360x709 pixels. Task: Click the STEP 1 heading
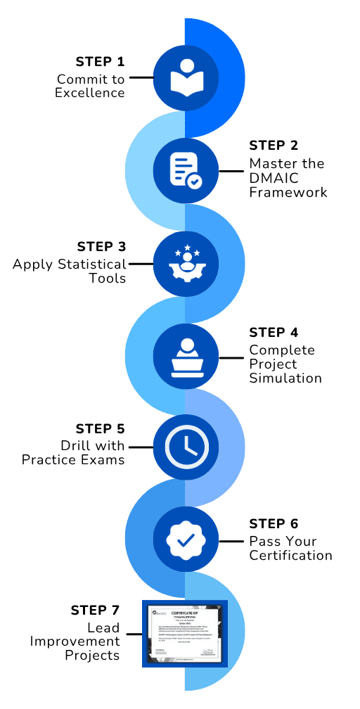(x=100, y=62)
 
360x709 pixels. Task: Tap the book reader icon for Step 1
(x=186, y=77)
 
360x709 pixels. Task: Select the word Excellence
(x=90, y=93)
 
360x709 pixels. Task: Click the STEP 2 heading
(x=274, y=146)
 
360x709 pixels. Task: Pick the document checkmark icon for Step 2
(x=186, y=170)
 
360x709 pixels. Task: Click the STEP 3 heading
(x=101, y=247)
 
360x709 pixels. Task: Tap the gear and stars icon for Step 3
(x=186, y=264)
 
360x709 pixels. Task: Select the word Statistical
(x=92, y=264)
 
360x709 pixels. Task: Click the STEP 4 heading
(x=274, y=333)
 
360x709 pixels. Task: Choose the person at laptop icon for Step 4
(x=186, y=357)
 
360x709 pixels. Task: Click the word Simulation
(x=285, y=378)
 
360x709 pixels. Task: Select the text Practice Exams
(x=73, y=460)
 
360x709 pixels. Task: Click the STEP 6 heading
(x=274, y=524)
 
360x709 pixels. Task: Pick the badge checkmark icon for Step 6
(x=186, y=540)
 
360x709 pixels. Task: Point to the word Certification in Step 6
(x=290, y=556)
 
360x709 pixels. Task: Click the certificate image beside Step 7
(x=186, y=633)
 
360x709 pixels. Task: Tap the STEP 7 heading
(x=95, y=610)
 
